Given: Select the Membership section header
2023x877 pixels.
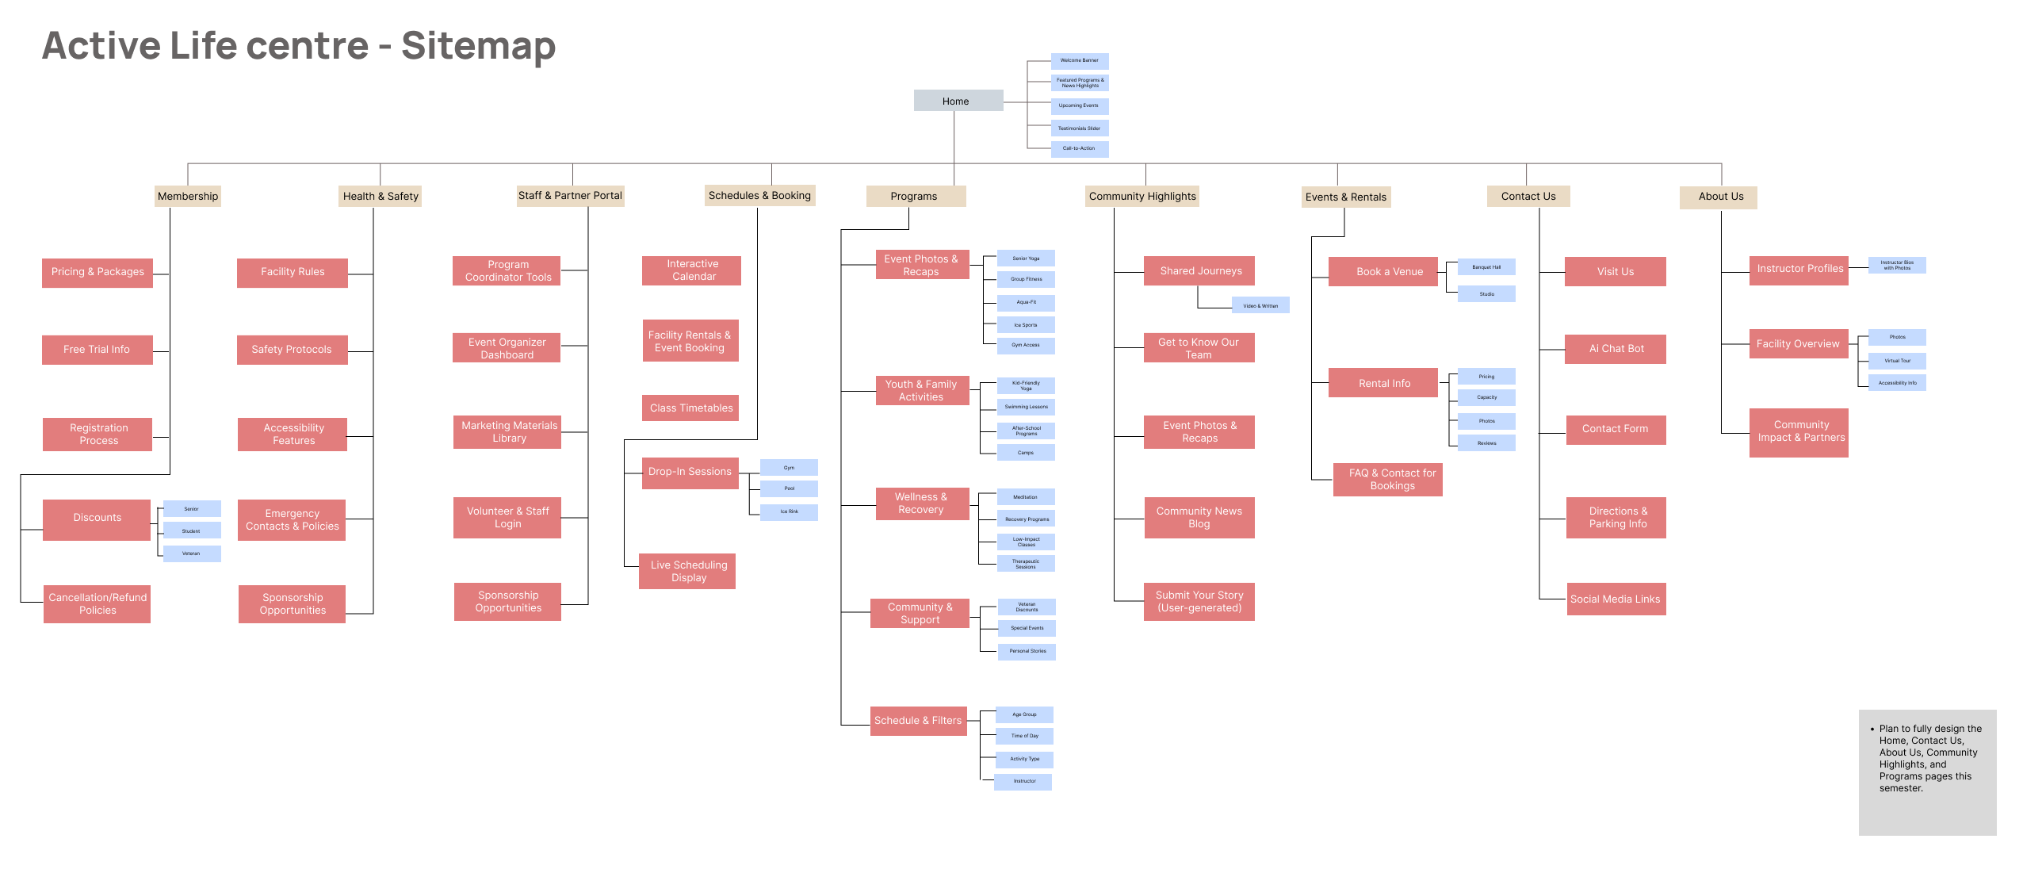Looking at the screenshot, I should (x=188, y=196).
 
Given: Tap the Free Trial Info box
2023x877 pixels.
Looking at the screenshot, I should (x=97, y=350).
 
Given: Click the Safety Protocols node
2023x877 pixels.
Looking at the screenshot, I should (x=292, y=350).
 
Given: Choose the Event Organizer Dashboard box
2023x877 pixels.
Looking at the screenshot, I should (x=507, y=348).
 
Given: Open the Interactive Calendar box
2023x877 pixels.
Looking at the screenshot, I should (x=692, y=270).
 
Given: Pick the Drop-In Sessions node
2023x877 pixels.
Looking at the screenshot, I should (x=690, y=472).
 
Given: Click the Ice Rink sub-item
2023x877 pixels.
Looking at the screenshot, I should (x=789, y=511).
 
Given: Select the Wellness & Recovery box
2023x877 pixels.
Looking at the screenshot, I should (x=921, y=504).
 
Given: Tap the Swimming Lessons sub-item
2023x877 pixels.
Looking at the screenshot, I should (x=1026, y=407).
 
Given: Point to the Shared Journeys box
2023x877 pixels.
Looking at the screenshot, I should (x=1199, y=271).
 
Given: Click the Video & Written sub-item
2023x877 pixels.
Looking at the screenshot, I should (x=1260, y=305).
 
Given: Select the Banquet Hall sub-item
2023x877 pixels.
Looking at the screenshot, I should (x=1486, y=267).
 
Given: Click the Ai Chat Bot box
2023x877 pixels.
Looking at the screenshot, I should (x=1616, y=349).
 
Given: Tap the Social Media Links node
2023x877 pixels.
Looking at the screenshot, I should (x=1616, y=599).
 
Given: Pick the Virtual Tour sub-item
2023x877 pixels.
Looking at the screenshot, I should (x=1897, y=361).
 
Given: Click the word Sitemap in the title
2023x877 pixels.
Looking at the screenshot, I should (x=478, y=46).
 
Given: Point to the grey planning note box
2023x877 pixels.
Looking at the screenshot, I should (x=1927, y=772).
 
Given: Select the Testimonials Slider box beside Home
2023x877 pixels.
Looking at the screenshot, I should (x=1079, y=128).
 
